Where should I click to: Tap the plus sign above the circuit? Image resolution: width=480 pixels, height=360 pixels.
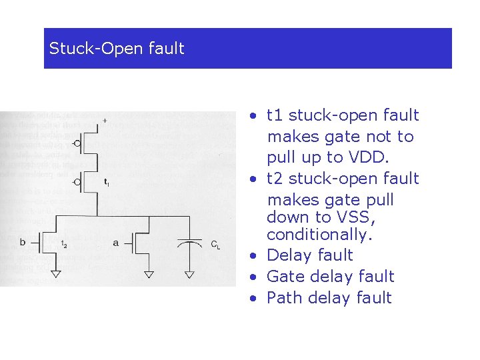tap(105, 121)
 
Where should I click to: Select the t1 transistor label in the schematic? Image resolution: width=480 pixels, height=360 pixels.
tap(107, 181)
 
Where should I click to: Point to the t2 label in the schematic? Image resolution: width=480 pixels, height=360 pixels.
tap(63, 245)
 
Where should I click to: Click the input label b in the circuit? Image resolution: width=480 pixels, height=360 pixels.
tap(22, 242)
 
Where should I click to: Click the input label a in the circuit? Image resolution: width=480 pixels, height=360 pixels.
tap(115, 243)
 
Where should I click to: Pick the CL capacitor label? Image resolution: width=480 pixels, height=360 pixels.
tap(215, 245)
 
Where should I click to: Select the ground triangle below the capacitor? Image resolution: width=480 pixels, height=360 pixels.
tap(190, 273)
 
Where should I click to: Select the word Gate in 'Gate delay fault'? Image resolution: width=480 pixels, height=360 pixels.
tap(283, 276)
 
